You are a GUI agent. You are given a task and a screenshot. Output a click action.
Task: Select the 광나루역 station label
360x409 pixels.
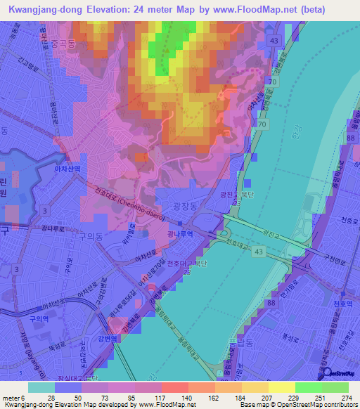coord(182,234)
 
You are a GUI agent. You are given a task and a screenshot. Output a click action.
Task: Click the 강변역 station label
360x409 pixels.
coord(127,337)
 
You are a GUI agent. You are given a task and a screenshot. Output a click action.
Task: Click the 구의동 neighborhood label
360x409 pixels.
coord(91,238)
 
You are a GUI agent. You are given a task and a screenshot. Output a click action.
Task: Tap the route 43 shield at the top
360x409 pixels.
coord(273,42)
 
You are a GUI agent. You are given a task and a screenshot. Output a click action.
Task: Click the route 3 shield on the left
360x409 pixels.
coord(44,211)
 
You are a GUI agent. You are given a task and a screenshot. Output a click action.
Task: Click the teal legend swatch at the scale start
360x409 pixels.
coord(41,387)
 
